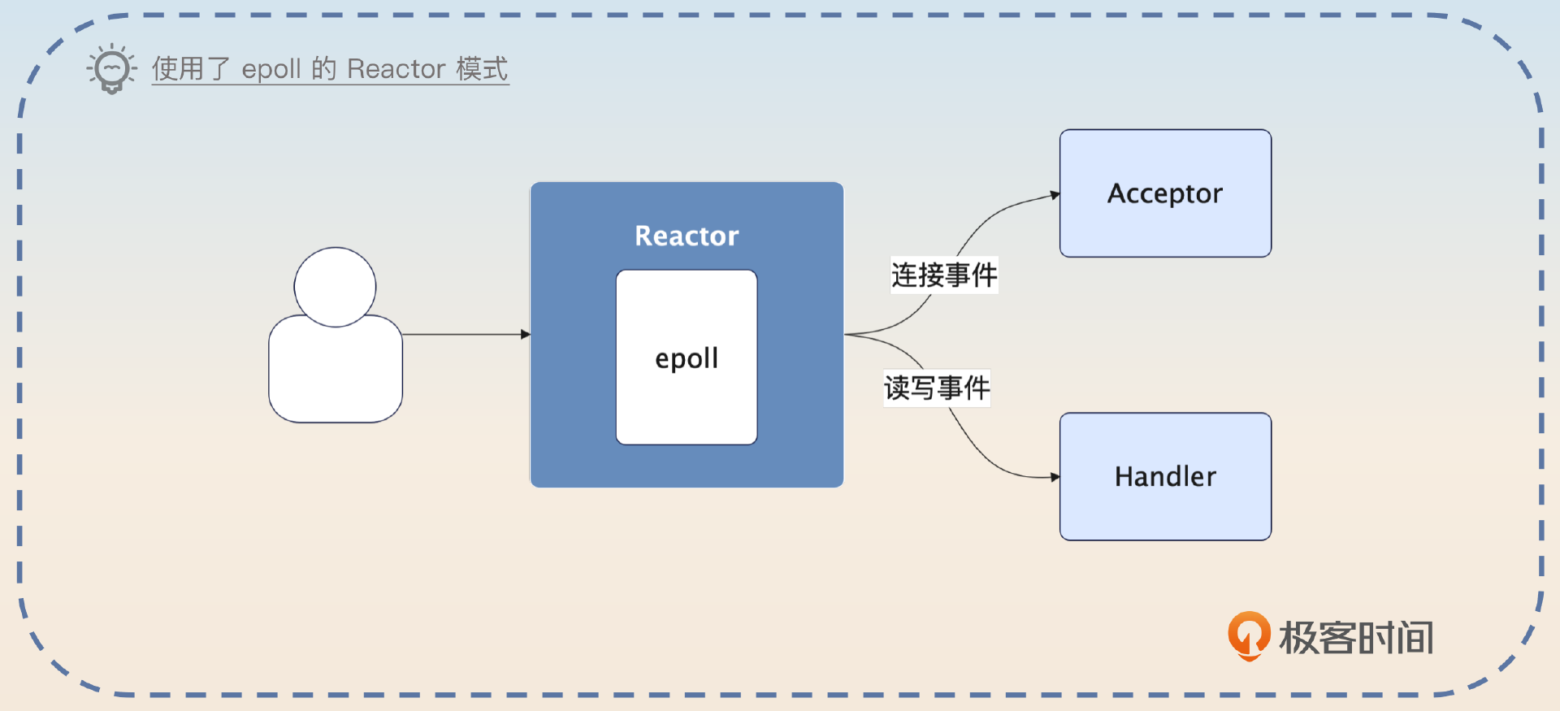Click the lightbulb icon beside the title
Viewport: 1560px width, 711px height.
click(111, 69)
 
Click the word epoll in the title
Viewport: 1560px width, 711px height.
click(271, 69)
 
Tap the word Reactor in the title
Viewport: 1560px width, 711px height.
click(396, 69)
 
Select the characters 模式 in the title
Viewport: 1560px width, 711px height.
click(482, 69)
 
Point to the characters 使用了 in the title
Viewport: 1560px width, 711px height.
click(191, 69)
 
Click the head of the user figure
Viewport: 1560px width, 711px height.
click(335, 286)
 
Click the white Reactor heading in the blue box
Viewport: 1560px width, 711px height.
click(687, 236)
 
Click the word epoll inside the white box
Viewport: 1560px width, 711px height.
click(687, 358)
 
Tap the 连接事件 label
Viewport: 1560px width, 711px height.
click(944, 275)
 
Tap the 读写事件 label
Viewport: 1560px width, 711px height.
click(937, 388)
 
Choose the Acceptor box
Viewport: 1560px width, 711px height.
click(1165, 219)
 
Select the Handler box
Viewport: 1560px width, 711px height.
click(1165, 504)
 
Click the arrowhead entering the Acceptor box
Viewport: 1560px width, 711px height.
click(1055, 195)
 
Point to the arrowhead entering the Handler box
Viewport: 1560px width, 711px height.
click(1055, 477)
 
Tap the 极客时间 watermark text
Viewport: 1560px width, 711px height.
click(1356, 638)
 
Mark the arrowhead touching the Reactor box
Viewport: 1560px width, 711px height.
click(526, 334)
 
